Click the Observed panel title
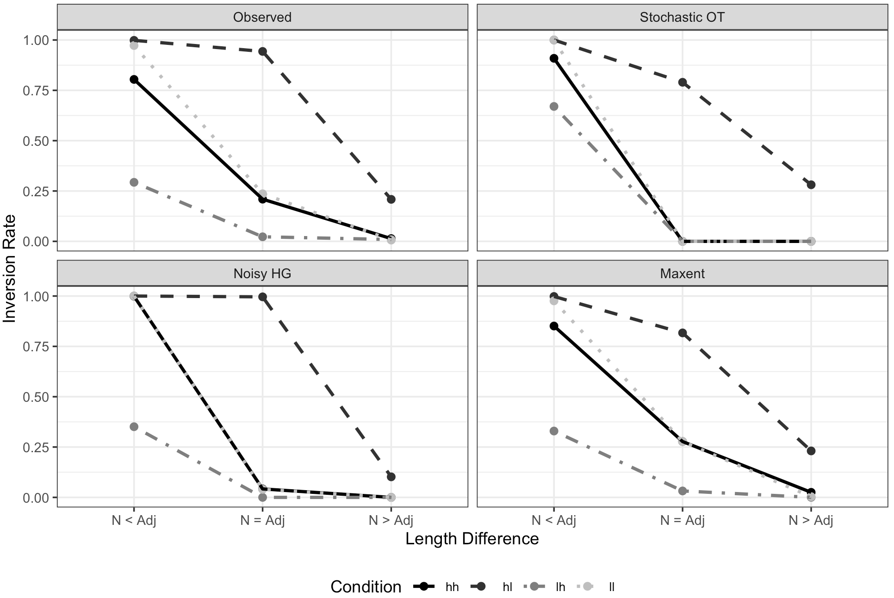click(x=262, y=18)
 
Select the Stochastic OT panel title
click(x=682, y=18)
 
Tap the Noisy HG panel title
click(x=262, y=274)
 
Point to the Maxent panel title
click(x=682, y=274)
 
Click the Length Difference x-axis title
click(x=472, y=539)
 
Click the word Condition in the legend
click(x=366, y=587)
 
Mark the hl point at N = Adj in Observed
click(x=262, y=51)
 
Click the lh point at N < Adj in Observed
click(x=134, y=182)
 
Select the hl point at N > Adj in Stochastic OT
click(x=811, y=185)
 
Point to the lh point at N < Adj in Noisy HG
click(x=134, y=426)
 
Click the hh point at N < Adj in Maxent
click(x=554, y=326)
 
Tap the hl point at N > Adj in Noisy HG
click(x=391, y=477)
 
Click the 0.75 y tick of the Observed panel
click(x=36, y=91)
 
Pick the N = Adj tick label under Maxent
click(x=682, y=521)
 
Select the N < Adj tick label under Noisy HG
click(x=134, y=521)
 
